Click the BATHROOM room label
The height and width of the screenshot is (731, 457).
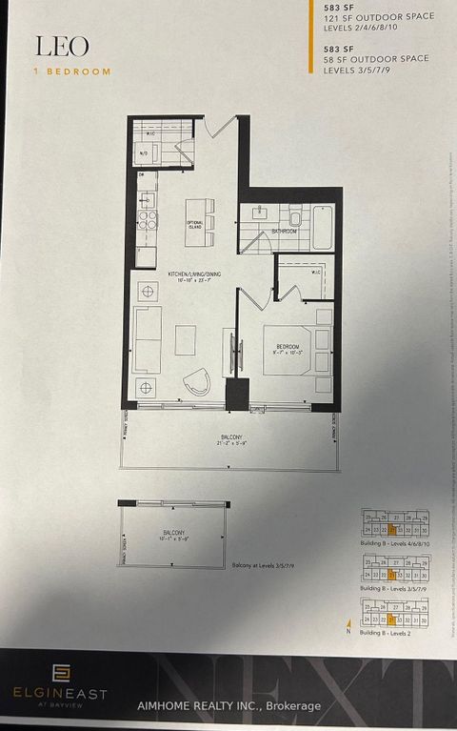tap(285, 231)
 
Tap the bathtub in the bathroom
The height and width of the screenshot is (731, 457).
tap(322, 228)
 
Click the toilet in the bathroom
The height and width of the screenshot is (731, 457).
tap(294, 219)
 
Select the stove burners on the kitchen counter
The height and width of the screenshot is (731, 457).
tap(147, 220)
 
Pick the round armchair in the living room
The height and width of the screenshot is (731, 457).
tap(197, 380)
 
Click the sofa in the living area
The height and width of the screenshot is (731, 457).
tap(147, 339)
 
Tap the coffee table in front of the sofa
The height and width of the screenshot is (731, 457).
tap(186, 338)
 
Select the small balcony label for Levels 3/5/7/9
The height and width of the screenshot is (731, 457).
tap(172, 536)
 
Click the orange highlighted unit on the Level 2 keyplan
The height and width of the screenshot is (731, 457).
tap(391, 618)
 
